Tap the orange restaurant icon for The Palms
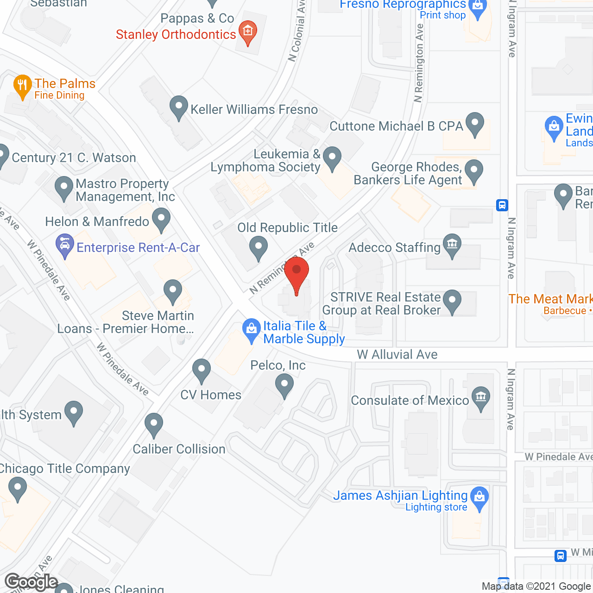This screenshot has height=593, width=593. (22, 86)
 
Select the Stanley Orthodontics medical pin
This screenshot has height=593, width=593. (248, 32)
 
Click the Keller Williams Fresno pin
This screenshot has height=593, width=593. (178, 107)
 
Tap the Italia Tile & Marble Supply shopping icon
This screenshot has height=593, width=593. (251, 329)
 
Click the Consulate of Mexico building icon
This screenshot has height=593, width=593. (481, 397)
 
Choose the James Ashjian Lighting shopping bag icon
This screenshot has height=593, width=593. (479, 498)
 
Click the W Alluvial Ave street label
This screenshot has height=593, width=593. (397, 354)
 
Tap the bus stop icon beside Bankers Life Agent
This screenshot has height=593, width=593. (502, 205)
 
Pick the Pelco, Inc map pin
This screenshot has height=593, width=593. (284, 385)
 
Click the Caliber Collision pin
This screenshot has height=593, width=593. (154, 424)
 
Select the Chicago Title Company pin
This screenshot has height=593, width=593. (18, 489)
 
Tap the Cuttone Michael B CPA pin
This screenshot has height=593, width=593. (474, 123)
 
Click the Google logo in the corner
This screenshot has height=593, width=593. (32, 582)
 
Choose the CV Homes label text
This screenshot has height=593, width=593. (211, 395)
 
